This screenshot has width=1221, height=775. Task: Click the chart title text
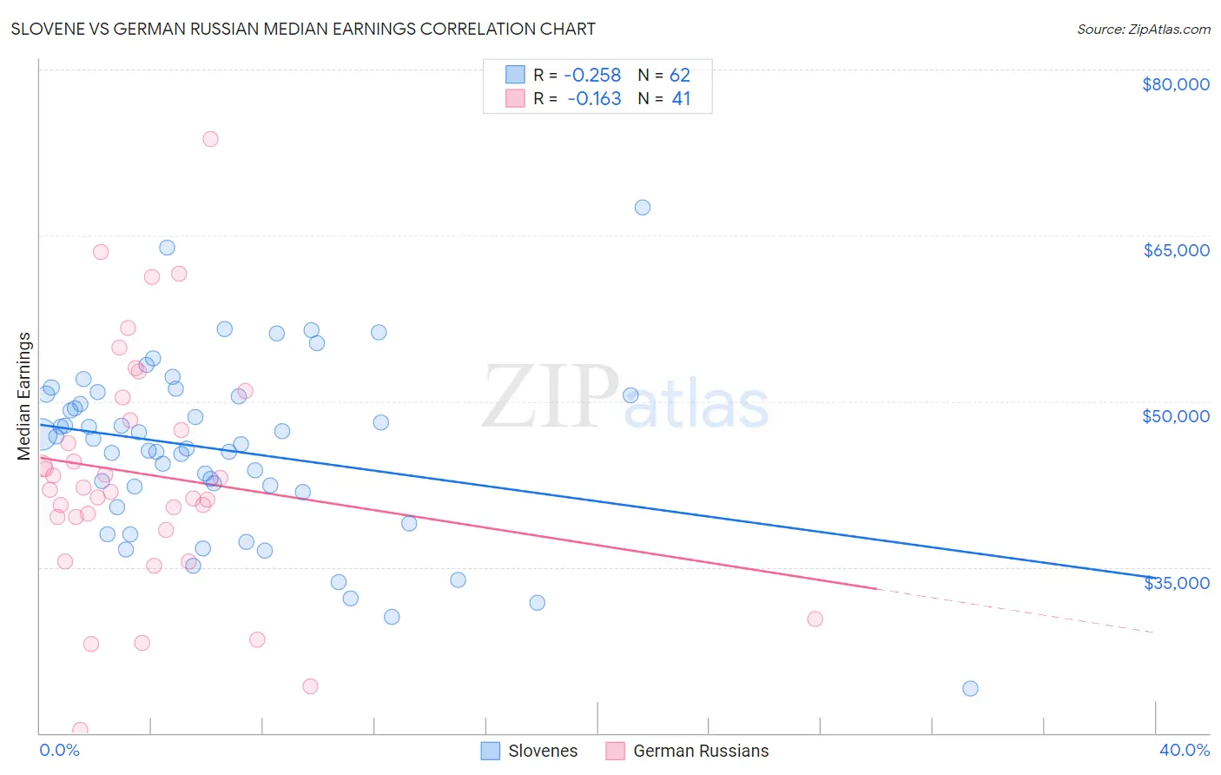(303, 29)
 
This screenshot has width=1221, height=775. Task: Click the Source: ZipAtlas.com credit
(1143, 30)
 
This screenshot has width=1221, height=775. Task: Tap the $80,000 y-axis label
(1175, 84)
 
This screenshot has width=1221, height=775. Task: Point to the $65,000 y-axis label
(1175, 250)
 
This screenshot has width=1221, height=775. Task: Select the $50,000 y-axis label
(1175, 416)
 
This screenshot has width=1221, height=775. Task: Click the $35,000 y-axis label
(1175, 582)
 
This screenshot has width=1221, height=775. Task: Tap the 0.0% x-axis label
(59, 750)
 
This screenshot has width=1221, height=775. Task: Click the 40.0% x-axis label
(1184, 750)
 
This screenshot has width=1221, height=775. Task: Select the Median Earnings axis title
(24, 395)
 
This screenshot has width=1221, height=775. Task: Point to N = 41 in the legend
(664, 99)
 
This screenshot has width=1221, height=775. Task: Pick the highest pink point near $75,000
(210, 139)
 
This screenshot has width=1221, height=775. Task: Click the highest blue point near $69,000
(643, 208)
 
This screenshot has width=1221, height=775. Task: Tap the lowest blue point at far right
(970, 689)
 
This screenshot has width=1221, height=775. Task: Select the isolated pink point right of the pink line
(815, 619)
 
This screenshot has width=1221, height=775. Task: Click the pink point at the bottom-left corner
(80, 730)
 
